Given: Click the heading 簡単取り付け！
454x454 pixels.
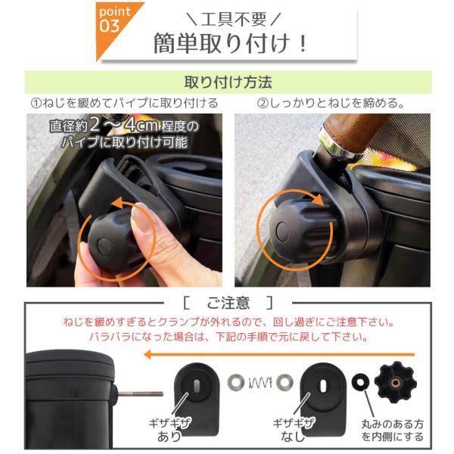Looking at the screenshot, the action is click(231, 43).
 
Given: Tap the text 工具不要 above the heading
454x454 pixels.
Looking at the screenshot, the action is click(233, 20).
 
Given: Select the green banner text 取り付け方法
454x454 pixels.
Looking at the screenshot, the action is click(229, 82).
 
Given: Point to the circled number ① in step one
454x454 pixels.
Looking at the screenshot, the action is click(36, 104).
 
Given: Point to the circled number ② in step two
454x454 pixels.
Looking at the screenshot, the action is click(263, 104).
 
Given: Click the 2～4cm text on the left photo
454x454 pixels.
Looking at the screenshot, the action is click(124, 125).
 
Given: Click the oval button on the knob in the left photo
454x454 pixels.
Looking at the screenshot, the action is click(104, 247).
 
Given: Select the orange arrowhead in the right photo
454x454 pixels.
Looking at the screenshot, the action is click(317, 200).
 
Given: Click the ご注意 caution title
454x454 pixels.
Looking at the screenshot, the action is click(229, 303).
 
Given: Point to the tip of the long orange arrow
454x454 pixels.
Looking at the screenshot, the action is click(145, 354).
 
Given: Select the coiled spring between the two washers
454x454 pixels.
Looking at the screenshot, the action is click(260, 383).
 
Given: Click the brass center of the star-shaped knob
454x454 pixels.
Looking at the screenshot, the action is click(396, 383).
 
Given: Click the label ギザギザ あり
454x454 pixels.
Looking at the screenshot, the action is click(169, 430).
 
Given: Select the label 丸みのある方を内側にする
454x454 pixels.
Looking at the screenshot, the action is click(392, 431).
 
